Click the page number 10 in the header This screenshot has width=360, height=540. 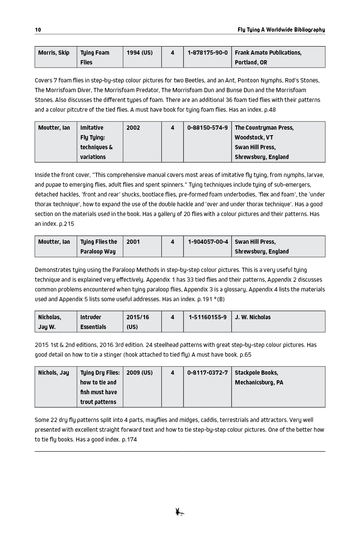point(38,30)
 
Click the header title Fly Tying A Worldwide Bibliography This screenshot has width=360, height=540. point(281,30)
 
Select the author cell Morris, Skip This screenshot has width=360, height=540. point(54,53)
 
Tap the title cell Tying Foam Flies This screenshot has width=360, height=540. point(95,57)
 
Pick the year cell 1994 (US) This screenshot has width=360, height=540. point(140,53)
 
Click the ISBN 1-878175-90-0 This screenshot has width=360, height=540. point(208,53)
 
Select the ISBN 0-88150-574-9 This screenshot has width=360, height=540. point(208,128)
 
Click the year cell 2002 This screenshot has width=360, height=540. point(133,128)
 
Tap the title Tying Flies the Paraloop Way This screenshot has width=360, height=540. point(99,247)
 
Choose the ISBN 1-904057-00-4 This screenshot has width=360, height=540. point(208,242)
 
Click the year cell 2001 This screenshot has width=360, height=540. point(133,242)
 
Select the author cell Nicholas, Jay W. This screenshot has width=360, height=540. point(50,322)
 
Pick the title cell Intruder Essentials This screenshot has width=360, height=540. point(93,322)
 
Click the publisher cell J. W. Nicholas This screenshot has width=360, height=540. point(253,317)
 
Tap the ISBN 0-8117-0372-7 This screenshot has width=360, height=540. point(208,373)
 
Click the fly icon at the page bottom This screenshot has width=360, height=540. point(180,512)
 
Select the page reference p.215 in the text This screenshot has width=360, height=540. point(66,224)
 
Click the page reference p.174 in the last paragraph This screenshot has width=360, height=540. point(129,440)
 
